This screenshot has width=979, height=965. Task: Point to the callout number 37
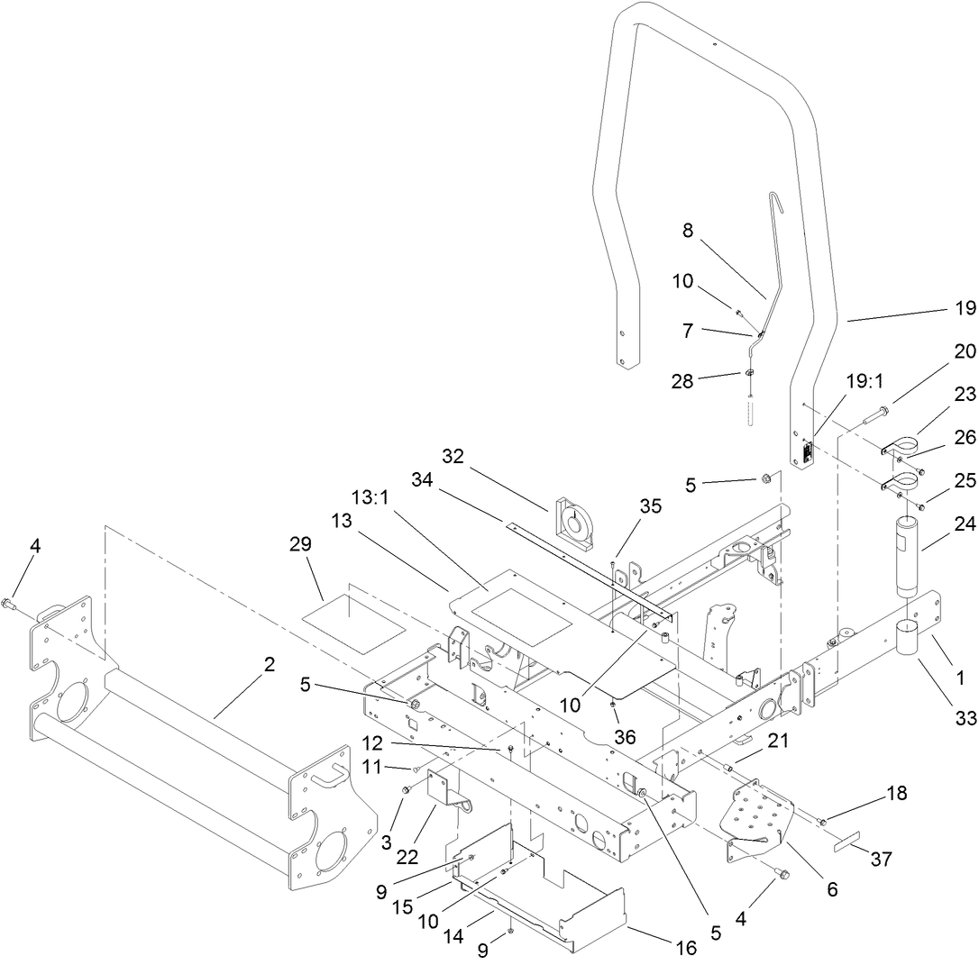881,860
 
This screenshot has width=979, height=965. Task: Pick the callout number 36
625,736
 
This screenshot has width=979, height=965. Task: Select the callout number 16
687,947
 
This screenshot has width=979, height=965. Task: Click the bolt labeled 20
865,418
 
